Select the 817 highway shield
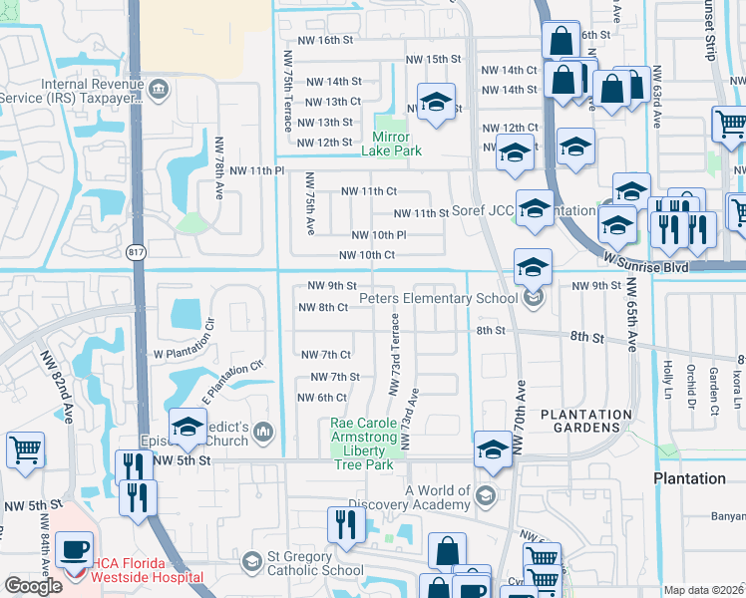coord(137,253)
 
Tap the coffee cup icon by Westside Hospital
coord(75,549)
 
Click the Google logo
coord(33,585)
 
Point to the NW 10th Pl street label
coord(379,235)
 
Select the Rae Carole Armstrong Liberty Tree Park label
coord(368,444)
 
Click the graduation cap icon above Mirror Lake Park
coord(436,104)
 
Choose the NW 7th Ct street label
coord(325,355)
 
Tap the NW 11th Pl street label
coord(257,171)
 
